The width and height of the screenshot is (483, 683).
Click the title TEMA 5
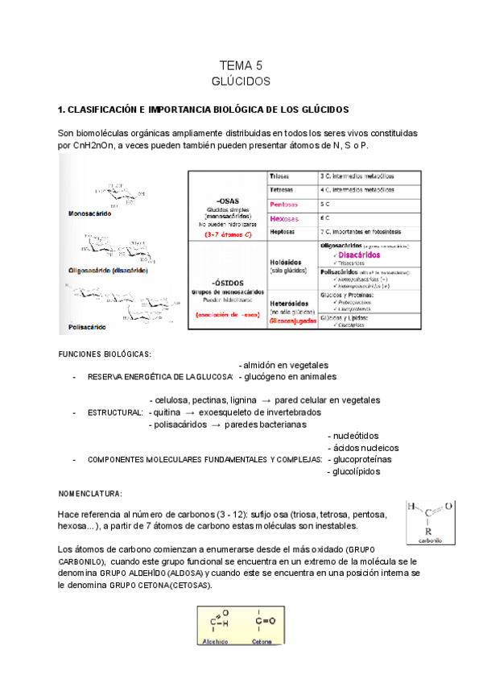click(242, 65)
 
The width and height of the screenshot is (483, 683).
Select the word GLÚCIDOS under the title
click(242, 81)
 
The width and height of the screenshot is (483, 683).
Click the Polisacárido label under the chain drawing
click(87, 328)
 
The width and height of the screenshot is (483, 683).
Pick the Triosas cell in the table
click(282, 176)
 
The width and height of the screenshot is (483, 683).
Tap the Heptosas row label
click(283, 231)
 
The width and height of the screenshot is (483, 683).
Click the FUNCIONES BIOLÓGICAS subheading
click(105, 354)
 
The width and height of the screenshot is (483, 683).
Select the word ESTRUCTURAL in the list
click(115, 412)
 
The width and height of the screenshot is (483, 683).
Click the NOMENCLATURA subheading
click(90, 493)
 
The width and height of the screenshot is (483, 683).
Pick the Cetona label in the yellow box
click(262, 642)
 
